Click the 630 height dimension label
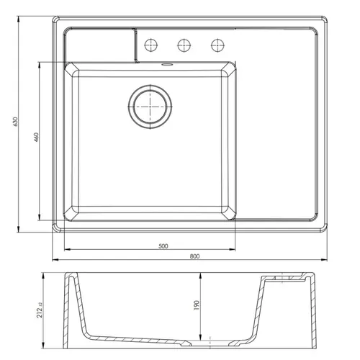pyautogui.click(x=15, y=122)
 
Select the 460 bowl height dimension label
pyautogui.click(x=36, y=137)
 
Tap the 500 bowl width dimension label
pyautogui.click(x=163, y=246)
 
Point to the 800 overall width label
pyautogui.click(x=194, y=256)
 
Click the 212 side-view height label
pyautogui.click(x=40, y=310)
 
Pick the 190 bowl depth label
pyautogui.click(x=197, y=305)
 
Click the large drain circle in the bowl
pyautogui.click(x=150, y=107)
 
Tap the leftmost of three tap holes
pyautogui.click(x=151, y=45)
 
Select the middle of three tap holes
pyautogui.click(x=184, y=45)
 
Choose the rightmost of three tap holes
pyautogui.click(x=217, y=45)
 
